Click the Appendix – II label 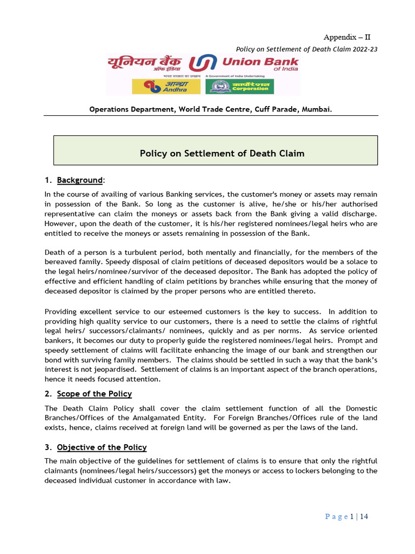(x=347, y=37)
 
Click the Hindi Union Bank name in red (x=144, y=63)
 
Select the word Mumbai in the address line (x=317, y=109)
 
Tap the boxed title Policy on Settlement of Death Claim (x=222, y=154)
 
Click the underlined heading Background (x=79, y=180)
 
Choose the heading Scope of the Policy (x=94, y=394)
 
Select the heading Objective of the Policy (x=102, y=447)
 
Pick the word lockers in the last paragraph (x=323, y=471)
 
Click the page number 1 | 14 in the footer (x=359, y=517)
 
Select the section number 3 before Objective (x=47, y=447)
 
